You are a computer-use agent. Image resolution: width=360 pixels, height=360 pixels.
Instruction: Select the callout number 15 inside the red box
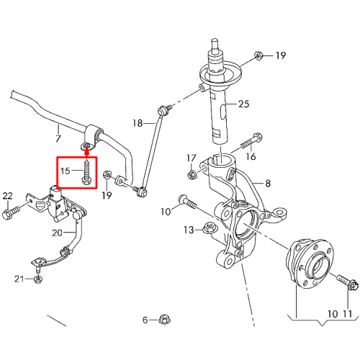65,171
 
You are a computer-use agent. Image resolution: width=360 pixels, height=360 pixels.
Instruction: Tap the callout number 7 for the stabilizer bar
58,138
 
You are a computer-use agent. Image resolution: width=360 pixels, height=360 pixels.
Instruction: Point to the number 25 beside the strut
243,104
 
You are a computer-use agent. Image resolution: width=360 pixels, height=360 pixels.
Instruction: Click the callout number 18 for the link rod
138,123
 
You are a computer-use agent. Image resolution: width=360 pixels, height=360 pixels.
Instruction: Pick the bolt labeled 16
251,142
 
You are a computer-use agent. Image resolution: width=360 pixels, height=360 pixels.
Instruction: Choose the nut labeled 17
192,175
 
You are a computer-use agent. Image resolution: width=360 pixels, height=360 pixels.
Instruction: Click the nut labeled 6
164,320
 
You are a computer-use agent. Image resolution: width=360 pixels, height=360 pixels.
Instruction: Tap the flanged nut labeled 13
210,228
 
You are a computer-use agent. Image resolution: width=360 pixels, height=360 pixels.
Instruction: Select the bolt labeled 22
11,212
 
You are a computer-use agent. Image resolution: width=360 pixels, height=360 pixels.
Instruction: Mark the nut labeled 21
37,279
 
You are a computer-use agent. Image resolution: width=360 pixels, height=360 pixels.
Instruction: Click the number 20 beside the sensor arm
57,233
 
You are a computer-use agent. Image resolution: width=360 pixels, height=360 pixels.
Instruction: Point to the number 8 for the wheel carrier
268,184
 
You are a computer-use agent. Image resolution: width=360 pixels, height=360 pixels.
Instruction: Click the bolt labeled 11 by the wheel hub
348,282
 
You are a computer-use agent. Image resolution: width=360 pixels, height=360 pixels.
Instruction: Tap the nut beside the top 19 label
258,56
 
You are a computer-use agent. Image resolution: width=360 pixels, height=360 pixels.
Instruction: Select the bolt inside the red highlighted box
86,172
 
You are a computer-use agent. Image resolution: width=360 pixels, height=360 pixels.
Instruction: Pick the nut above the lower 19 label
107,175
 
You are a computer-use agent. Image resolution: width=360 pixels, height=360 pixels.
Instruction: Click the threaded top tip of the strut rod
215,42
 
